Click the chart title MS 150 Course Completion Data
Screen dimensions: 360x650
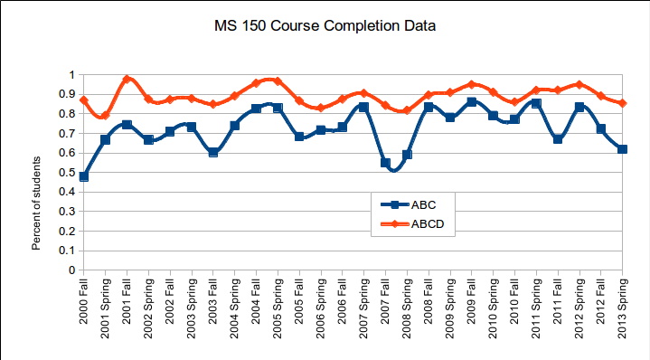325,26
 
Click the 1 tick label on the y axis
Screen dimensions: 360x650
71,74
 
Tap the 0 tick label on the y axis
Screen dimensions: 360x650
71,270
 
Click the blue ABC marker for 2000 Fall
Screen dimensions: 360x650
84,176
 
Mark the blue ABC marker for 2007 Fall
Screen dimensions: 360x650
385,163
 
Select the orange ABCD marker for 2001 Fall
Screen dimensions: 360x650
127,79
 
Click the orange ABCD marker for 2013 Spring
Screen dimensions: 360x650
622,103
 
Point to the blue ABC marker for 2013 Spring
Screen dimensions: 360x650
622,149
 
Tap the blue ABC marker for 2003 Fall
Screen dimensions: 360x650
213,152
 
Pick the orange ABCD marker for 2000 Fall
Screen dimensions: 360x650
84,100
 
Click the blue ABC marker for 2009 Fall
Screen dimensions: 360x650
471,102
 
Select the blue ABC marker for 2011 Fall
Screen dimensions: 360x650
558,139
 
